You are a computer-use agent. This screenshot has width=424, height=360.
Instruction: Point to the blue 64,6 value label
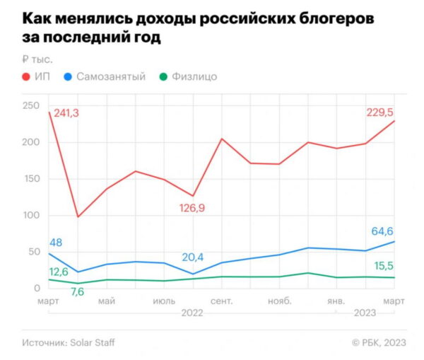(386, 231)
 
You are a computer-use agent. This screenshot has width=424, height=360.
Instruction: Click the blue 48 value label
(56, 242)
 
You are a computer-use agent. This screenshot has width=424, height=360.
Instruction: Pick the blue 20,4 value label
(195, 257)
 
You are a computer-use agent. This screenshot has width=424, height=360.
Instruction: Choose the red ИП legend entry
(35, 76)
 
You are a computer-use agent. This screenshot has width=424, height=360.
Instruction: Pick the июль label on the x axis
(165, 301)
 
